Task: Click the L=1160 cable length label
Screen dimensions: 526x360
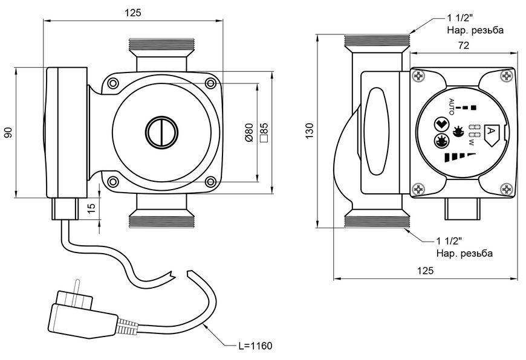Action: click(x=255, y=346)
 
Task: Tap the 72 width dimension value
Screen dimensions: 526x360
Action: click(x=463, y=45)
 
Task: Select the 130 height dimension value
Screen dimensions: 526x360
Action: click(x=310, y=131)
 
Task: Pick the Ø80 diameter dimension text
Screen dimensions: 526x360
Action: click(x=249, y=132)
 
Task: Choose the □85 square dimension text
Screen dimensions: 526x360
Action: click(x=264, y=132)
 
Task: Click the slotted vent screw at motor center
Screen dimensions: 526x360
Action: click(x=161, y=132)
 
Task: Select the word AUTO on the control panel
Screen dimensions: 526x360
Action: click(x=451, y=106)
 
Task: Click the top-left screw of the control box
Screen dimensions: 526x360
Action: click(x=419, y=76)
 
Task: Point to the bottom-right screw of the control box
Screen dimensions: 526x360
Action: click(x=507, y=189)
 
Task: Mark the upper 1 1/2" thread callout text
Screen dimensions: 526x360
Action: click(x=475, y=24)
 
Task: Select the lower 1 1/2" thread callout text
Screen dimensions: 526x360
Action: click(x=464, y=246)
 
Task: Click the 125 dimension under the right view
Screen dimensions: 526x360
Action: click(x=426, y=271)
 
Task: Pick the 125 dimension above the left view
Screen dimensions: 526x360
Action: click(x=133, y=13)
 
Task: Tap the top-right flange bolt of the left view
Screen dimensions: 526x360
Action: click(x=210, y=83)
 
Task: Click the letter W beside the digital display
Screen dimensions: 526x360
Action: click(x=472, y=143)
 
